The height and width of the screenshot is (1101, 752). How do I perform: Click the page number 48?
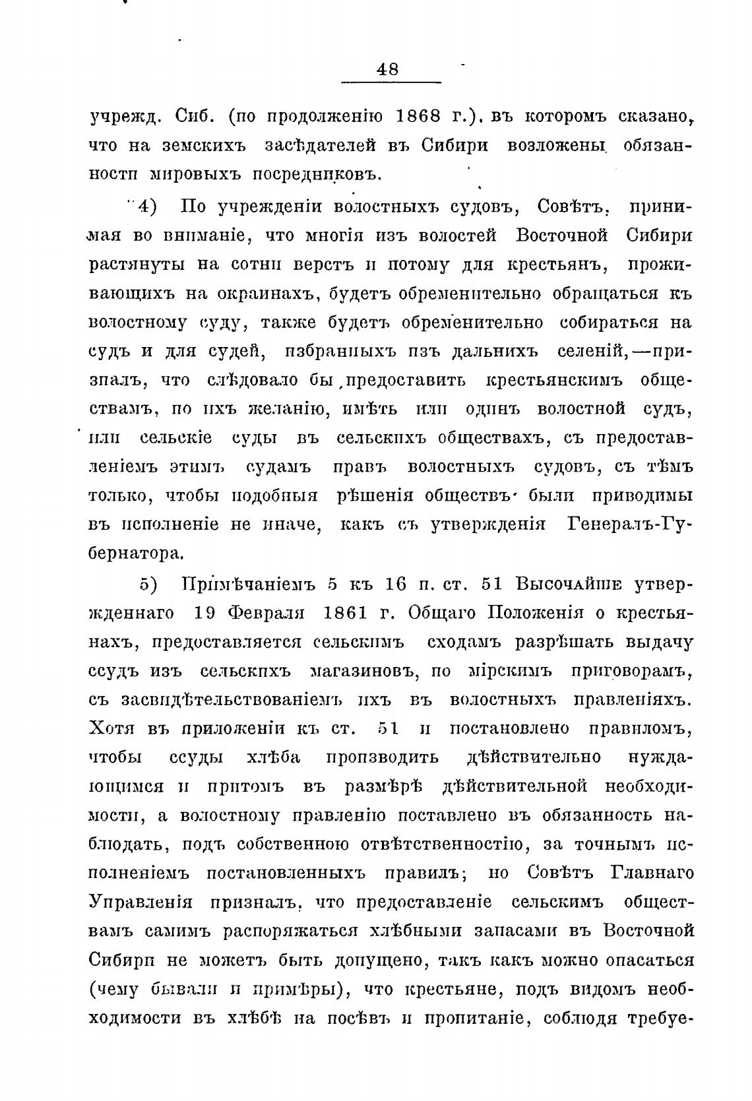[x=387, y=69]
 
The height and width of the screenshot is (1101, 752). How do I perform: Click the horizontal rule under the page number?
[x=391, y=82]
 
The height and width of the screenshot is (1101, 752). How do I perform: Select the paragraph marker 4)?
[x=145, y=206]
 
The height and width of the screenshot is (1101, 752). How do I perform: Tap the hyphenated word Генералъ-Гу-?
[x=627, y=524]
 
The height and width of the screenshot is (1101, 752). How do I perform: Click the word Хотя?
[x=111, y=728]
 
